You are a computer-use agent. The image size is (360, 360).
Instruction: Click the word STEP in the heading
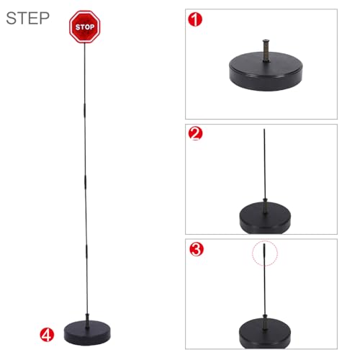click(27, 18)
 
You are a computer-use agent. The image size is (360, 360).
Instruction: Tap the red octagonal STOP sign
click(85, 27)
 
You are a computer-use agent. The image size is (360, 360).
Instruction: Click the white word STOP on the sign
click(85, 27)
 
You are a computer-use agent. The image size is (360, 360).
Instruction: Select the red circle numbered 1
click(195, 19)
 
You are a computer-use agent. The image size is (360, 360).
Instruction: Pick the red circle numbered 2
click(196, 133)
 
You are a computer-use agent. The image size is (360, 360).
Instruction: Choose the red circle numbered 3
click(197, 249)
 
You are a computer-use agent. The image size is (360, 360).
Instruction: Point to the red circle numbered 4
click(47, 335)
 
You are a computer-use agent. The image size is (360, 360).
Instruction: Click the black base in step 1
click(266, 72)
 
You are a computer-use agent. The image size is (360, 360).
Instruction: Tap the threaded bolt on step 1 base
click(266, 50)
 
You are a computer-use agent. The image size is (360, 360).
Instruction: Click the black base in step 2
click(265, 218)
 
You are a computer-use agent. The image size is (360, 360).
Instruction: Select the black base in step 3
click(265, 333)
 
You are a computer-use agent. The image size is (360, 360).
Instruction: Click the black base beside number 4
click(87, 333)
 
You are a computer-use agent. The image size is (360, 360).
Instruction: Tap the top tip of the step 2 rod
click(264, 129)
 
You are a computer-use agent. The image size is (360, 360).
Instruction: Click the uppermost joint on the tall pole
click(84, 110)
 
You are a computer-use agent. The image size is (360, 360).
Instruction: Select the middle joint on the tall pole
click(85, 181)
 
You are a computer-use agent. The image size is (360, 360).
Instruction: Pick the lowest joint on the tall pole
click(86, 251)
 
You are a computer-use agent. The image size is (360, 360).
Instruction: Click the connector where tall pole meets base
click(87, 320)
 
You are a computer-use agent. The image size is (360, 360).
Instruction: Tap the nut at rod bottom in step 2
click(265, 200)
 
